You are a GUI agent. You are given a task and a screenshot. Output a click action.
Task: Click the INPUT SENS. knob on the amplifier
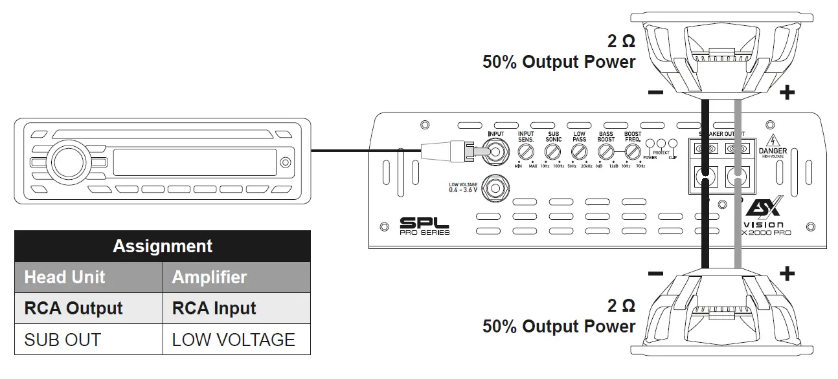coord(525,152)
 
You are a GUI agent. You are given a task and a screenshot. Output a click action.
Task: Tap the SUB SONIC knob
coord(552,152)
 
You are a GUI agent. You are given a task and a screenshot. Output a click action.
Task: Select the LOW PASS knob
coord(579,152)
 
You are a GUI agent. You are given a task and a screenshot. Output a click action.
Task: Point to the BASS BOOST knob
coord(606,152)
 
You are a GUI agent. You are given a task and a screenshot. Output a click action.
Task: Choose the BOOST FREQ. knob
coord(632,152)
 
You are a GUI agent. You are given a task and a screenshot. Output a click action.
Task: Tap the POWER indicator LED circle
coord(650,144)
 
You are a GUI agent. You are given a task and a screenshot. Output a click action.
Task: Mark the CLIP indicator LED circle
coord(673,144)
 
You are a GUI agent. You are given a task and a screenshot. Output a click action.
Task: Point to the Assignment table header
coord(163,246)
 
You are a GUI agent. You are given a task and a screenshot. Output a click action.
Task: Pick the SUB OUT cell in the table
coord(62,340)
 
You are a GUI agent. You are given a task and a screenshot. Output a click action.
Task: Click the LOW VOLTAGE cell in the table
coord(233,340)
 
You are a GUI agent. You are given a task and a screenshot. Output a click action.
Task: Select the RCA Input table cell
coord(214,309)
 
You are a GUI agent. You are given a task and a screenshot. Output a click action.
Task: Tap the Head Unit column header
coord(65,277)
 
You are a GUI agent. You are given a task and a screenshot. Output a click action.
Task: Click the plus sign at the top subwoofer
coord(786,93)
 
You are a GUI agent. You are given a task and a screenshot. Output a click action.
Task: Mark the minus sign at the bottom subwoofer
coord(655,274)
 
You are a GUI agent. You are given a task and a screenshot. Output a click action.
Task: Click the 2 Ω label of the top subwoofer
coord(620,42)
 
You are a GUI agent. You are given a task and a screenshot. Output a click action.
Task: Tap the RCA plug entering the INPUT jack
coord(447,152)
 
